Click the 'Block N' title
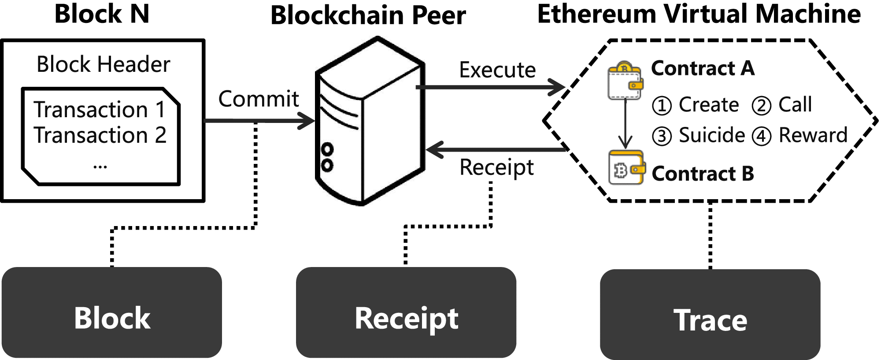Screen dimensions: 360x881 pos(102,14)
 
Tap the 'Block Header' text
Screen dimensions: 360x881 pos(103,65)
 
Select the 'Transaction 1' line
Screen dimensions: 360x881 pos(99,109)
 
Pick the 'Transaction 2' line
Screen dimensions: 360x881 pos(100,135)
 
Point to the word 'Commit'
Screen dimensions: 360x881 pos(259,99)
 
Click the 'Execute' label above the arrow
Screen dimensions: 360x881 pos(497,70)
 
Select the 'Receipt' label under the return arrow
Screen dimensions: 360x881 pos(496,167)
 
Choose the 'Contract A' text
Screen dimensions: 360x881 pos(703,69)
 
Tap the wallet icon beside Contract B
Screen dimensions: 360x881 pos(626,168)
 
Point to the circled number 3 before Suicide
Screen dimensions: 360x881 pos(662,136)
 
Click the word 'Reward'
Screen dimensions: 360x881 pos(813,135)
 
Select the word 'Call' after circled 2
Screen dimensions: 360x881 pos(795,105)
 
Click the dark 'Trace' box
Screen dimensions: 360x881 pos(710,315)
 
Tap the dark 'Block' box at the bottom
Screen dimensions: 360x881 pos(112,312)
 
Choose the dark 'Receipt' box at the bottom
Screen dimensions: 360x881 pos(406,312)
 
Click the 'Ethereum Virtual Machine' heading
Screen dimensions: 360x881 pos(699,14)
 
